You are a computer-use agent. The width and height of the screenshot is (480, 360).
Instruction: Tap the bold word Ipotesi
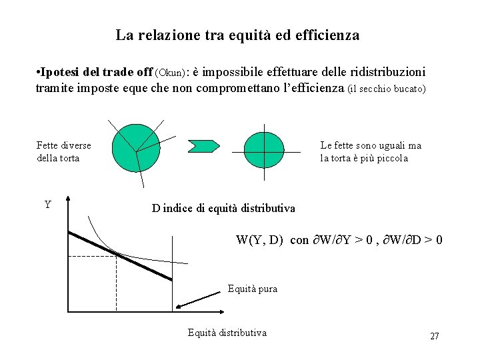pos(59,71)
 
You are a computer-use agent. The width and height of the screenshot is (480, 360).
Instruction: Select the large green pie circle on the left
pos(136,148)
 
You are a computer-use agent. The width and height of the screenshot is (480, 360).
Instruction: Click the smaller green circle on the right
pos(264,151)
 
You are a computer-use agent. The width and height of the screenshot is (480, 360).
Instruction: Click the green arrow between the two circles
pos(204,145)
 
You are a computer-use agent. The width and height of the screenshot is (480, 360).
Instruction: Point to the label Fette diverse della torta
pos(63,152)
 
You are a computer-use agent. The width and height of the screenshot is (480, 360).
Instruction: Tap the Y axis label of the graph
pos(48,205)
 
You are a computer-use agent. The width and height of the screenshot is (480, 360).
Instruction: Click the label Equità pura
pos(252,289)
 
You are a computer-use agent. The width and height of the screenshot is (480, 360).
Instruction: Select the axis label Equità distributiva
pos(227,333)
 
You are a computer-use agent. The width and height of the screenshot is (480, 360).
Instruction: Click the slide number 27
pos(434,336)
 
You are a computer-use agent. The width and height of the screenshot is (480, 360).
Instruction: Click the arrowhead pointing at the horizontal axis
pos(179,307)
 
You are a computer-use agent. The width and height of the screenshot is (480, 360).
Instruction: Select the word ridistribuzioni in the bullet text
pos(387,71)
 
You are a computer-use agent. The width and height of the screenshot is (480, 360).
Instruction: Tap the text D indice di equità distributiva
pos(223,209)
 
